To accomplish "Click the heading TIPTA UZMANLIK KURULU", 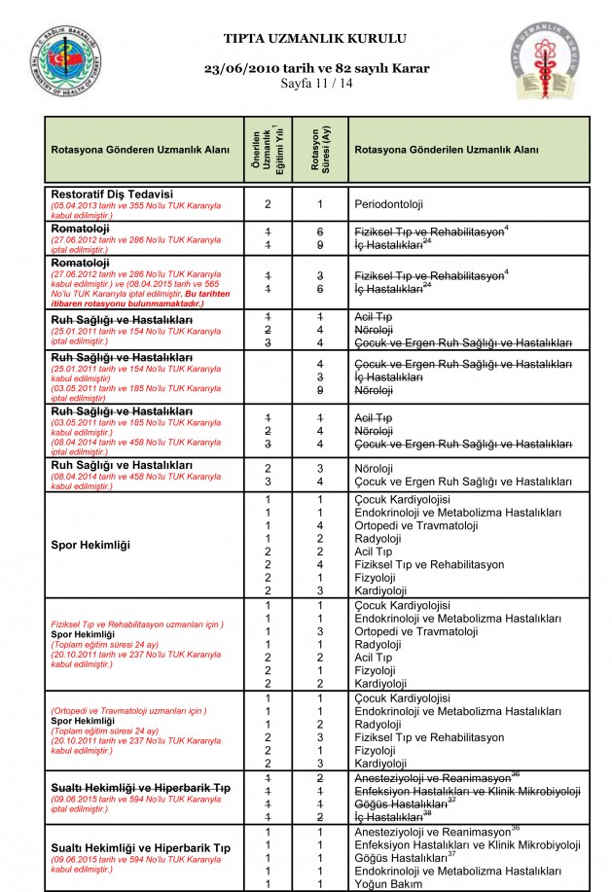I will coord(315,39).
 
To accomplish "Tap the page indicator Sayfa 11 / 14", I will coord(316,84).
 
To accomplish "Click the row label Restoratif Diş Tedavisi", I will coord(112,194).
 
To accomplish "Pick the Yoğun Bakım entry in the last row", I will coord(388,884).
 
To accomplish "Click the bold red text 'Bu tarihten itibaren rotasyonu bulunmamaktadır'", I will coord(132,300).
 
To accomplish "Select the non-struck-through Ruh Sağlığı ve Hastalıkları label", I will coord(121,464).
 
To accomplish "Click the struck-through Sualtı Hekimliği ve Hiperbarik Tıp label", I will coord(140,785).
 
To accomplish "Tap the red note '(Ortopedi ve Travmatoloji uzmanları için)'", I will coord(128,711).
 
